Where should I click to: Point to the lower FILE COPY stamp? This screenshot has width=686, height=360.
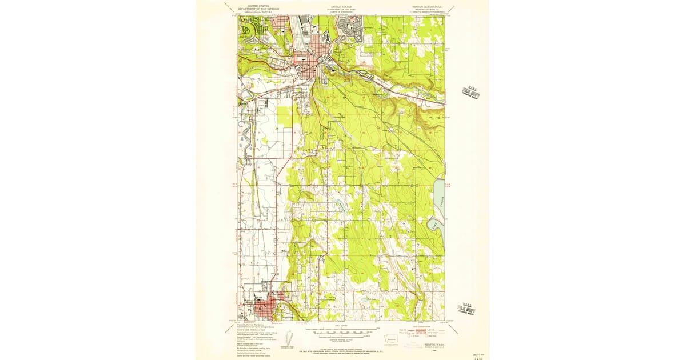click(x=466, y=310)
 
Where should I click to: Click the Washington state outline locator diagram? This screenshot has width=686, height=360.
click(x=391, y=338)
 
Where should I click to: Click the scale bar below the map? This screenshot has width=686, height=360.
click(x=342, y=331)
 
